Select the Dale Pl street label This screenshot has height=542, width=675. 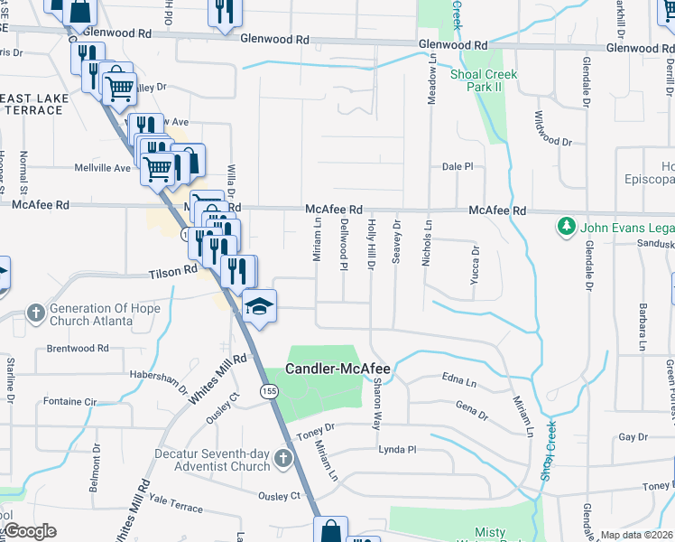tap(458, 167)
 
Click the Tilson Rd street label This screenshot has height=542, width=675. tap(173, 270)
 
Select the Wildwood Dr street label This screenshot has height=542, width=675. tap(553, 129)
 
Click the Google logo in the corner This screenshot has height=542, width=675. tap(29, 531)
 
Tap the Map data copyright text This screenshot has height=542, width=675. tap(637, 535)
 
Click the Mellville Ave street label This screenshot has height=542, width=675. tap(102, 168)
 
